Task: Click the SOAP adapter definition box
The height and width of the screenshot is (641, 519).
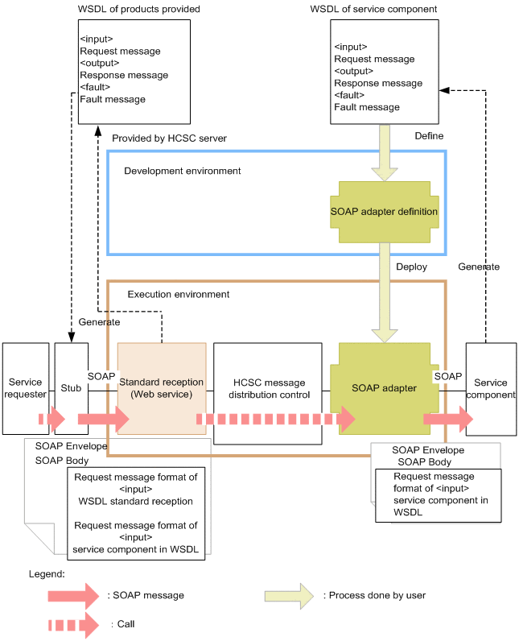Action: [x=384, y=213]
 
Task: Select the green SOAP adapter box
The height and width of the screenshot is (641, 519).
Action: [x=384, y=387]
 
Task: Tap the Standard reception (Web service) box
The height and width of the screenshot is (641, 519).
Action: [x=161, y=387]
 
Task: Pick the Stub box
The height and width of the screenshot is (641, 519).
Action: [x=70, y=388]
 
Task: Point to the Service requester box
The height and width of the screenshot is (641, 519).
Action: [x=26, y=388]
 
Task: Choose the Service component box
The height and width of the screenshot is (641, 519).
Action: [x=491, y=388]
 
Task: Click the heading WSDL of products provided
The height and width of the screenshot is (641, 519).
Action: [x=138, y=9]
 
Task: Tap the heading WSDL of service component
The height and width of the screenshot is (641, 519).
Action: [x=385, y=9]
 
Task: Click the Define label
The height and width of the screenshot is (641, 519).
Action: [x=428, y=136]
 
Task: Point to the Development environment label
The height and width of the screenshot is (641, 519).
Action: [x=183, y=172]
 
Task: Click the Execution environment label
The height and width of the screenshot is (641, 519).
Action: [x=178, y=295]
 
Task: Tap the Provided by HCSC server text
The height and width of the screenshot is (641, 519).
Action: [x=169, y=139]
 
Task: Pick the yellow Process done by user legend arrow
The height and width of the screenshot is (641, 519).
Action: [x=289, y=596]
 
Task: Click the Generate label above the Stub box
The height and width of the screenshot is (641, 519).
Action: [x=99, y=322]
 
